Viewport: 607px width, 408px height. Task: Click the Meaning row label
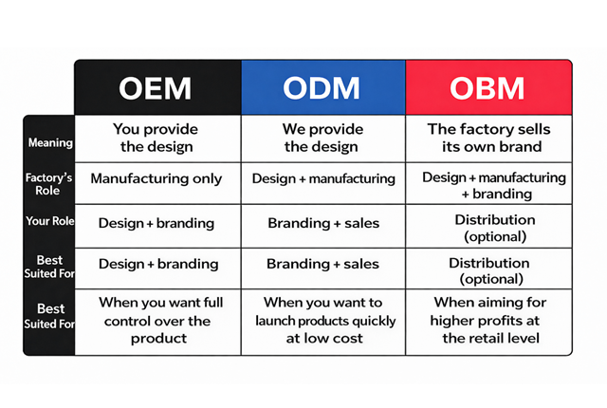(x=50, y=143)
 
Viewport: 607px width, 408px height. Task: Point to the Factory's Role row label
(x=48, y=184)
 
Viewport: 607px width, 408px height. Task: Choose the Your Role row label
(x=50, y=221)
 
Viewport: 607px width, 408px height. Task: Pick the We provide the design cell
(x=322, y=138)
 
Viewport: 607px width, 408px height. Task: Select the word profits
(x=498, y=321)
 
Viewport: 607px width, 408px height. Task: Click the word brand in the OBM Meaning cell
(x=523, y=147)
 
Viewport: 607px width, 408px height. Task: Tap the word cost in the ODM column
(x=349, y=339)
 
